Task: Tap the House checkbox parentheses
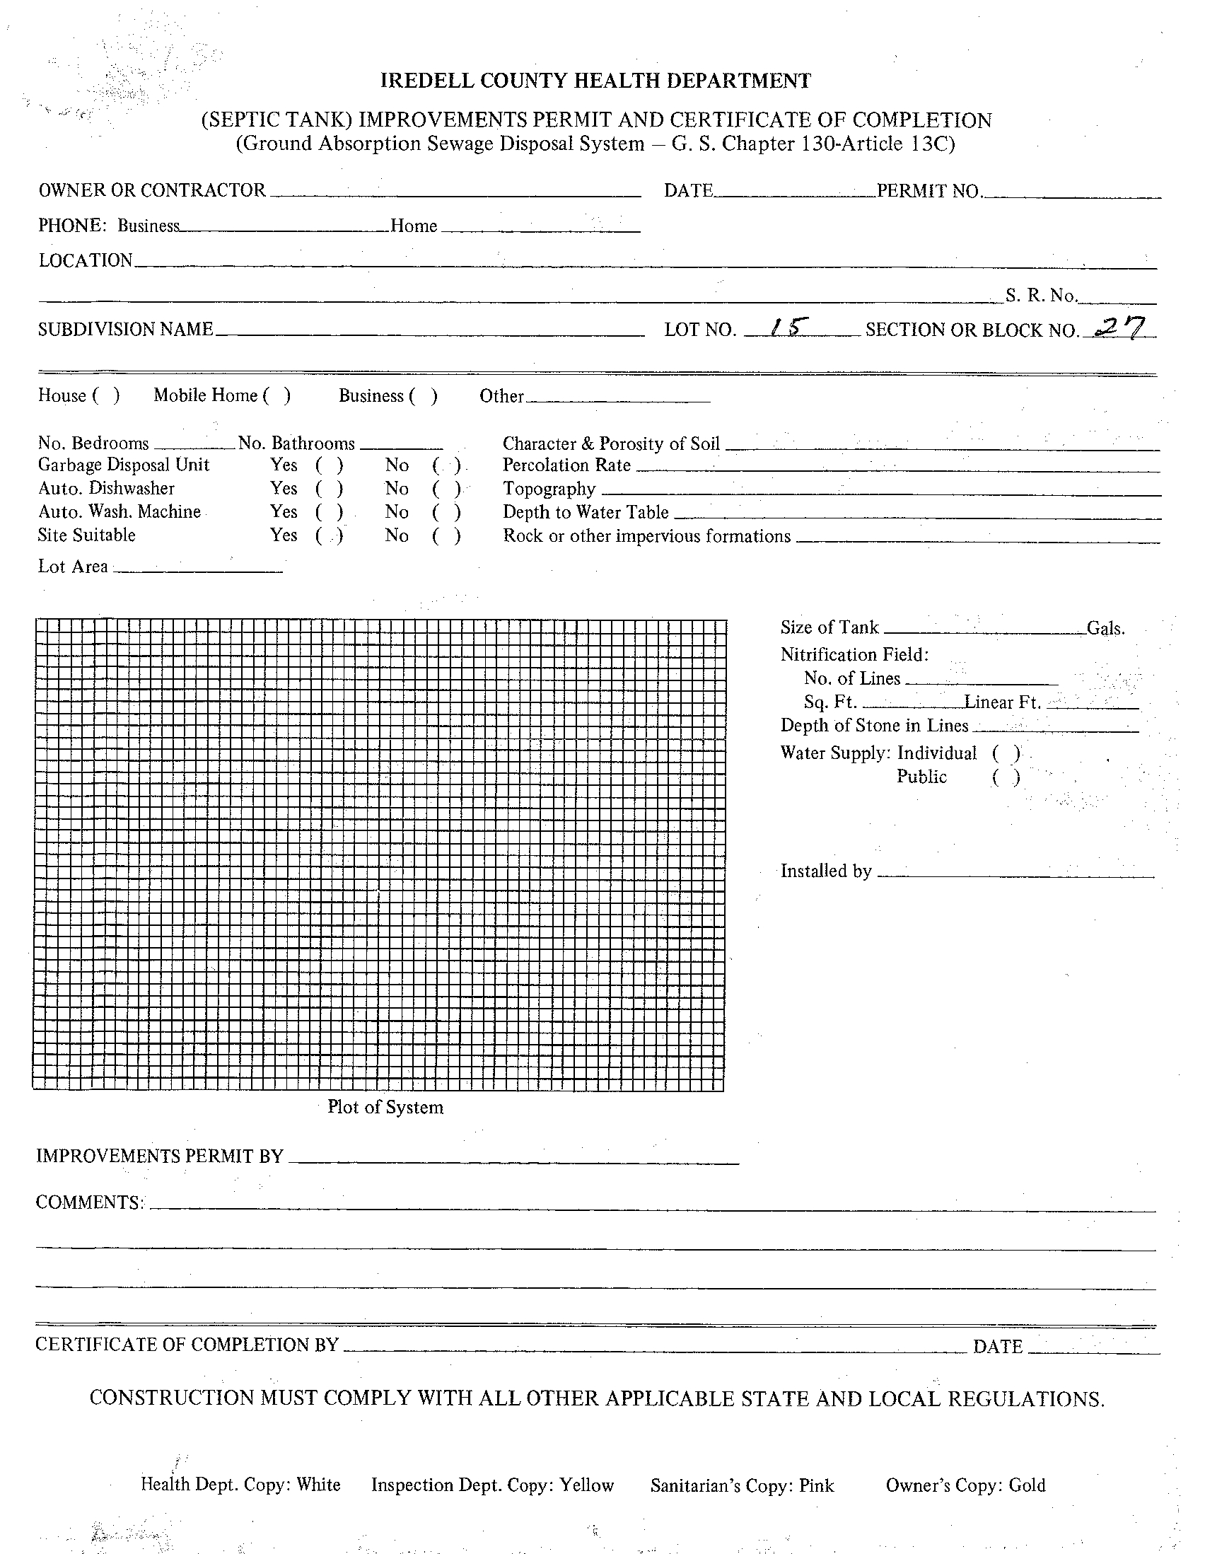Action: click(x=105, y=395)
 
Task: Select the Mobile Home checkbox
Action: click(x=276, y=395)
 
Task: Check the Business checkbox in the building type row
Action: click(x=424, y=395)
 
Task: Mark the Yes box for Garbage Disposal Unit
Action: click(x=330, y=465)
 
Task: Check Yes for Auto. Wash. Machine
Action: click(x=330, y=512)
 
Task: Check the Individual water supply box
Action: click(x=1006, y=753)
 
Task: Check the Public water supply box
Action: click(x=1006, y=777)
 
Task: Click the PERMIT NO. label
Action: click(x=929, y=191)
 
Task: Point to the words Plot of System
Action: click(x=385, y=1107)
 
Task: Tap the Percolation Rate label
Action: click(x=566, y=465)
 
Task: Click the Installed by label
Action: click(x=826, y=871)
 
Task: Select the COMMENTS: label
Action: click(x=90, y=1202)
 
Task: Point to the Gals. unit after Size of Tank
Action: click(x=1105, y=628)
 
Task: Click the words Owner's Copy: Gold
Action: click(x=965, y=1485)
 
